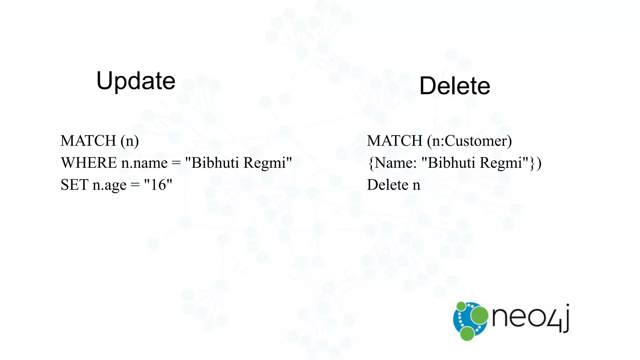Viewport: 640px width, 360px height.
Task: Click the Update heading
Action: click(x=136, y=81)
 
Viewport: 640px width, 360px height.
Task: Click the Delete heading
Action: click(x=454, y=86)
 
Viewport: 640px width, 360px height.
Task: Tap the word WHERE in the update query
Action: click(x=88, y=163)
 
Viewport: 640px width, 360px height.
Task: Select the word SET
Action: click(x=74, y=185)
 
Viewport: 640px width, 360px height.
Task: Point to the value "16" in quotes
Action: click(x=158, y=185)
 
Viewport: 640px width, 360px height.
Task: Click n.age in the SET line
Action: click(x=109, y=185)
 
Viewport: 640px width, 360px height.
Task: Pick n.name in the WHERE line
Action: click(x=144, y=163)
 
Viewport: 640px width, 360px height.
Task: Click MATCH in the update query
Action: click(x=88, y=141)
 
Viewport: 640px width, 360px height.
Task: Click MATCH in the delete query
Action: click(x=395, y=141)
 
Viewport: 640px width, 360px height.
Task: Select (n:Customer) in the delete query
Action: click(x=469, y=141)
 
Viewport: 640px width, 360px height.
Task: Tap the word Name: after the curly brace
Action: click(x=396, y=163)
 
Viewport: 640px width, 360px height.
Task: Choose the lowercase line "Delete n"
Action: click(x=393, y=185)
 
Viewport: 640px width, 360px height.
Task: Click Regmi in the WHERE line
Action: click(x=267, y=163)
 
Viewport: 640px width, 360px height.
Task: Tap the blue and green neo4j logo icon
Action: click(x=470, y=321)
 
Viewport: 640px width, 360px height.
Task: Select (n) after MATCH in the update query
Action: click(x=130, y=141)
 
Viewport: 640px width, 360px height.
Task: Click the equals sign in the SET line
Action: click(x=135, y=185)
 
